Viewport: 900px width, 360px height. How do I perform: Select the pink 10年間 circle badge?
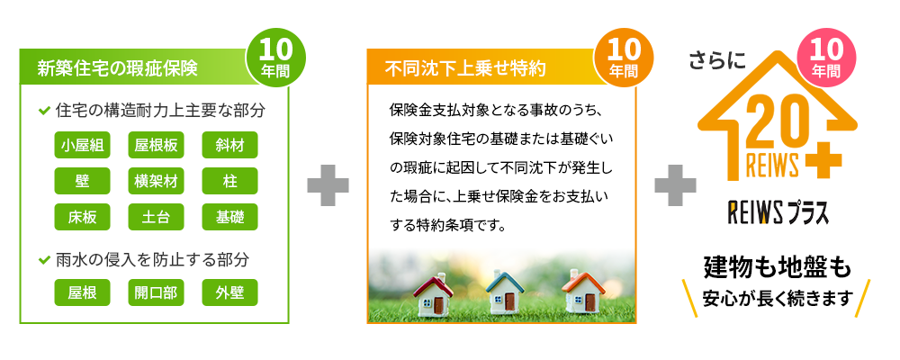826,56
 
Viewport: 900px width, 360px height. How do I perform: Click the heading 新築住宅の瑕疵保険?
117,67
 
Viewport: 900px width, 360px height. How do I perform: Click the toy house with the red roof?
433,295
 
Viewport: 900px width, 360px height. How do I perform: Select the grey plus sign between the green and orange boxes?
328,184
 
